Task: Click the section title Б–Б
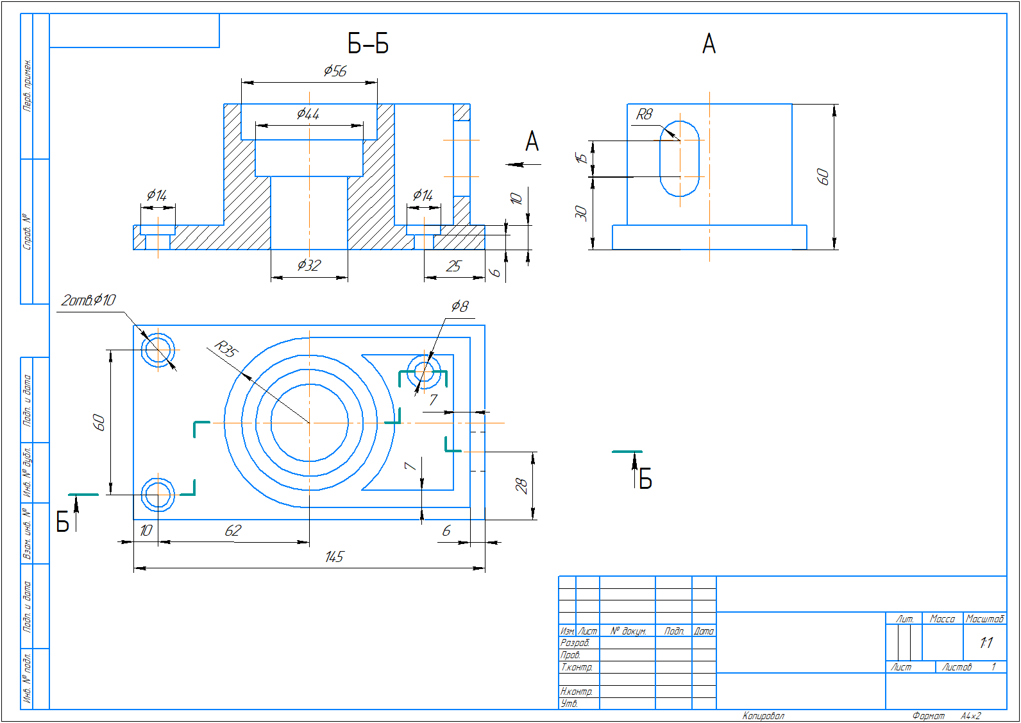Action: pos(368,44)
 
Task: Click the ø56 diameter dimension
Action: pos(335,71)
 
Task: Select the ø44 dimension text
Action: pos(308,114)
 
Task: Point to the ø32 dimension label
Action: pos(308,265)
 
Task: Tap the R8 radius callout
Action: pos(644,114)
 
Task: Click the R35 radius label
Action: pos(226,349)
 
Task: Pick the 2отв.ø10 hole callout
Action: pos(89,300)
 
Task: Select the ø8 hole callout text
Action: pos(459,307)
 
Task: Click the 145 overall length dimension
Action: pos(333,557)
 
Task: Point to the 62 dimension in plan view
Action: pos(232,531)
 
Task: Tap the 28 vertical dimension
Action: pos(522,486)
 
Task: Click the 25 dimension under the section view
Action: pos(453,266)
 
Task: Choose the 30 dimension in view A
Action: pos(581,212)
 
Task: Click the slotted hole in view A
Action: pos(679,158)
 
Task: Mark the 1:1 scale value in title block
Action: pos(986,642)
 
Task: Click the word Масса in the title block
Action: pos(942,619)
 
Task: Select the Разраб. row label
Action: pos(575,643)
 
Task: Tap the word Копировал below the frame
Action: pos(763,716)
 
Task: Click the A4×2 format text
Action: pos(970,716)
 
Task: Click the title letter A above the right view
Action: pos(709,44)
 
